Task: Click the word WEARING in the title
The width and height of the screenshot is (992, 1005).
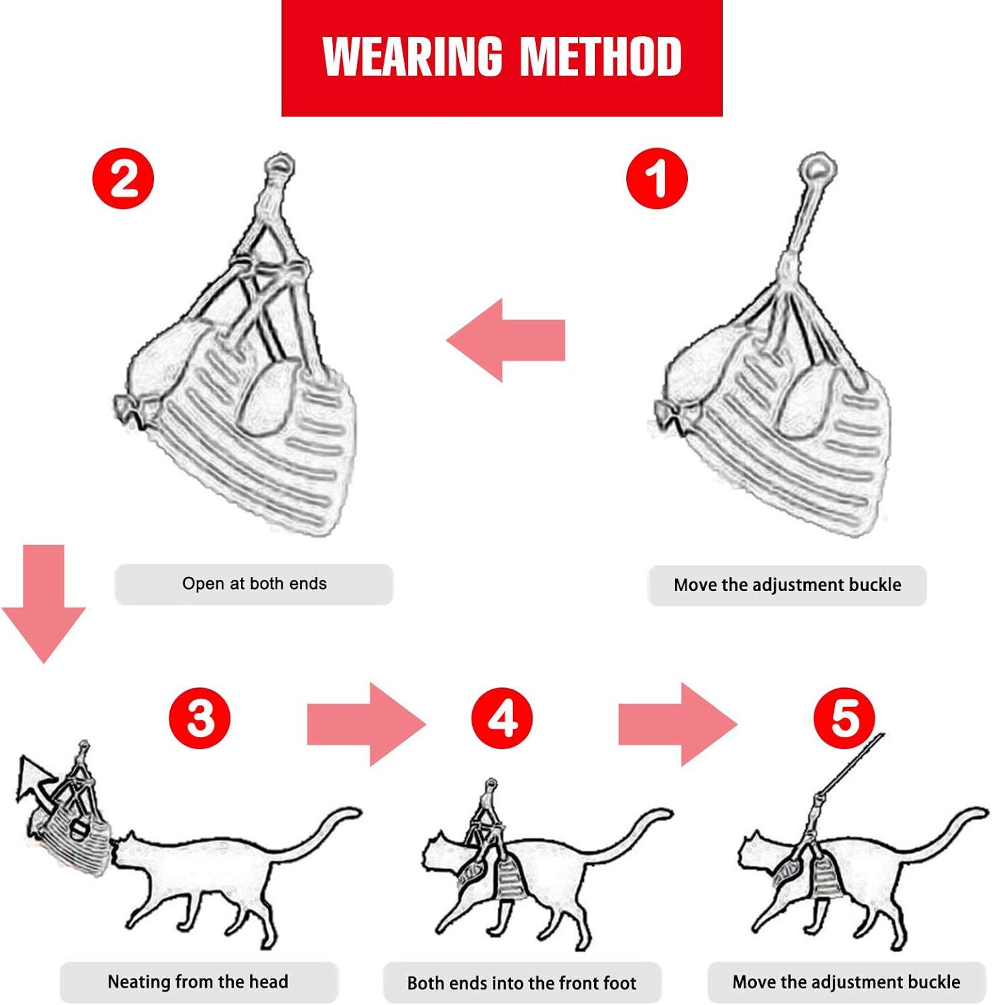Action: coord(412,57)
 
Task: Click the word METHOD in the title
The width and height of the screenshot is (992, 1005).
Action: coord(601,57)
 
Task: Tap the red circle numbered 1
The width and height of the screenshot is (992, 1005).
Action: coord(656,178)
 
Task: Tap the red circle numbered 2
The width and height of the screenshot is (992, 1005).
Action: coord(123,178)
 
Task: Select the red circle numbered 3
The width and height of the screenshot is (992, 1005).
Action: coord(200,718)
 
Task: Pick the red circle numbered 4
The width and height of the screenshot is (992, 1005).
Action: coord(502,718)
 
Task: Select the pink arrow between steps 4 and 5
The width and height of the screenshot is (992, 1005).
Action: coord(677,724)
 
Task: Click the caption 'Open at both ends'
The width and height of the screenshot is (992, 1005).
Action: coord(254,584)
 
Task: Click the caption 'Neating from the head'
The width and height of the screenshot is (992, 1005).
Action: coord(198,982)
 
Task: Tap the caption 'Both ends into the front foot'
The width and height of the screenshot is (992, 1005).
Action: coord(522,983)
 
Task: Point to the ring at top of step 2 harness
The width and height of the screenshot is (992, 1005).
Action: coord(279,165)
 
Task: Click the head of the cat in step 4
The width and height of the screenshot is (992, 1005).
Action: coord(439,854)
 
